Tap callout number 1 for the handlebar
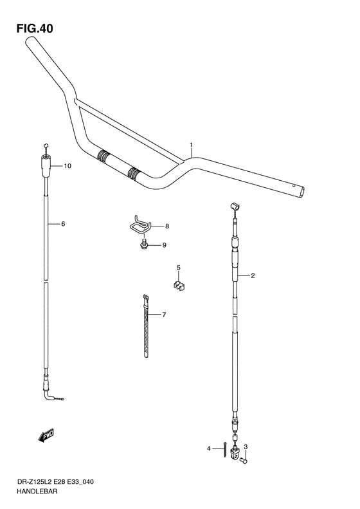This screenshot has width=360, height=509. tap(191, 145)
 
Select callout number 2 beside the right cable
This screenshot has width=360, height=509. tap(253, 276)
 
